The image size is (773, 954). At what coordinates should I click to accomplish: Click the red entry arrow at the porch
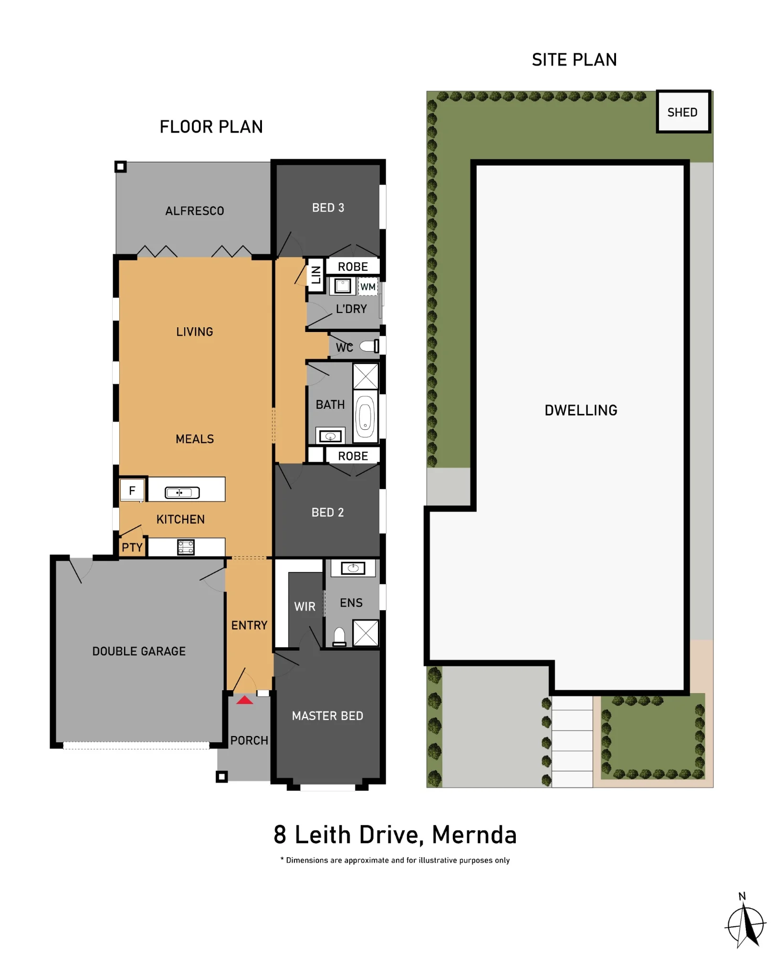point(245,700)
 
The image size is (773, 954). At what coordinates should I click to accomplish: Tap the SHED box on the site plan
point(683,112)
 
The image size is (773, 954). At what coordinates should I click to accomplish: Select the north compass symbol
point(745,921)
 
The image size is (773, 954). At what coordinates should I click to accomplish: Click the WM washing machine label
point(367,287)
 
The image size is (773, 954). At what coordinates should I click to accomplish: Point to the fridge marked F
point(132,490)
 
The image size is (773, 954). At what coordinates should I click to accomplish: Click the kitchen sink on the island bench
point(182,492)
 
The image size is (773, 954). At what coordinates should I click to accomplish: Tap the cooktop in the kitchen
point(186,547)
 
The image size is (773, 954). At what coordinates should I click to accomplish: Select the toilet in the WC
point(369,346)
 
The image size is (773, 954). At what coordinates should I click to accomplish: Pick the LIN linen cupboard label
point(316,275)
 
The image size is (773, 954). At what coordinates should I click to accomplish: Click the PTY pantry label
point(132,547)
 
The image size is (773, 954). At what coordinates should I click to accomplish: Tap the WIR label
point(304,606)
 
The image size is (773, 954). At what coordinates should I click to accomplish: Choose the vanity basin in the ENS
point(353,568)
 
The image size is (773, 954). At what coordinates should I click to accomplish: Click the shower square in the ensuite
point(366,633)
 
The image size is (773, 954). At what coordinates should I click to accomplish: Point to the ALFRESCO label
point(195,211)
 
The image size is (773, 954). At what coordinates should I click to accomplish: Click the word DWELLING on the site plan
point(581,410)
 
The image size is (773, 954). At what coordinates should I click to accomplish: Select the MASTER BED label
point(327,715)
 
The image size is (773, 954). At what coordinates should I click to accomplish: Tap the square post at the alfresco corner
point(121,166)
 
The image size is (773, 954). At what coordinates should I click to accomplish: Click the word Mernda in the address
point(474,835)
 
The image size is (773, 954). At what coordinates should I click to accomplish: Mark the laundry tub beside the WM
point(343,286)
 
